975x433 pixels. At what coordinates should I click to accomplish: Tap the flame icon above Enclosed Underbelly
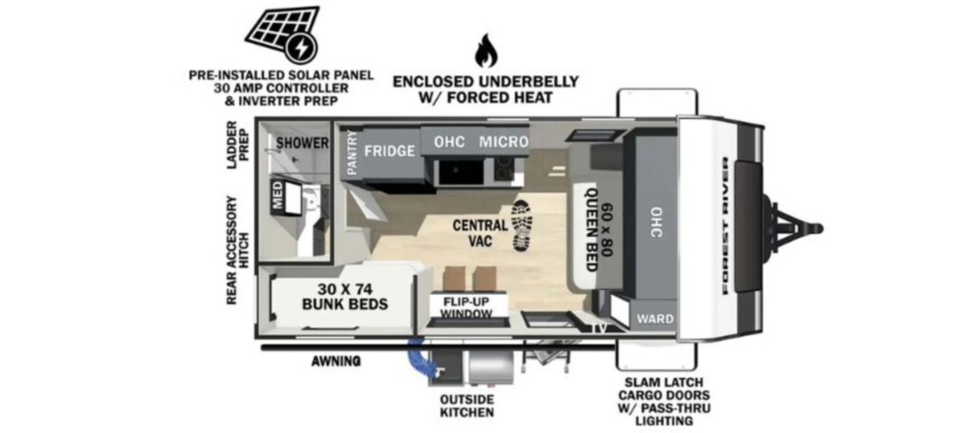coord(486,51)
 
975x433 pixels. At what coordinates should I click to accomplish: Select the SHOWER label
coord(303,143)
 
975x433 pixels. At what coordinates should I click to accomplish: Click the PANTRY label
coord(352,153)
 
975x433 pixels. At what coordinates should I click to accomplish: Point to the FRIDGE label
coord(389,150)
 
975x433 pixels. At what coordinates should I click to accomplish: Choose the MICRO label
coord(504,142)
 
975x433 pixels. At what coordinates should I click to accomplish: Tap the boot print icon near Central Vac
coord(522,226)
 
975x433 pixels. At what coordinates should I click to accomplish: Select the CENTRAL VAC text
coord(480,232)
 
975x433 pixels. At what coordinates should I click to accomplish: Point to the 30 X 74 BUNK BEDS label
coord(345,296)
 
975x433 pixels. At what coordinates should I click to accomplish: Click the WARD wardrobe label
coord(655,319)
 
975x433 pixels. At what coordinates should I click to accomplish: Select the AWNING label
coord(336,361)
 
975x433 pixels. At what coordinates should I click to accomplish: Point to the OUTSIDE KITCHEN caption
coord(467,405)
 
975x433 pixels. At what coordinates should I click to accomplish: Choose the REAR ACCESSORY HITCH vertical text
coord(237,250)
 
